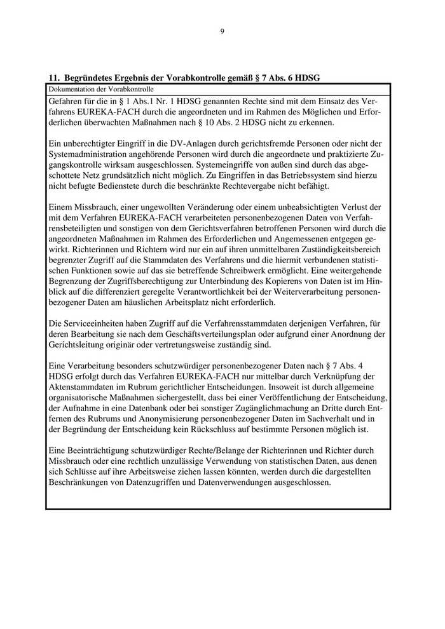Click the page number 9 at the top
222,31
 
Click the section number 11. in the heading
54,78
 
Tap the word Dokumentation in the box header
69,89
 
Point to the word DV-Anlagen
204,143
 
